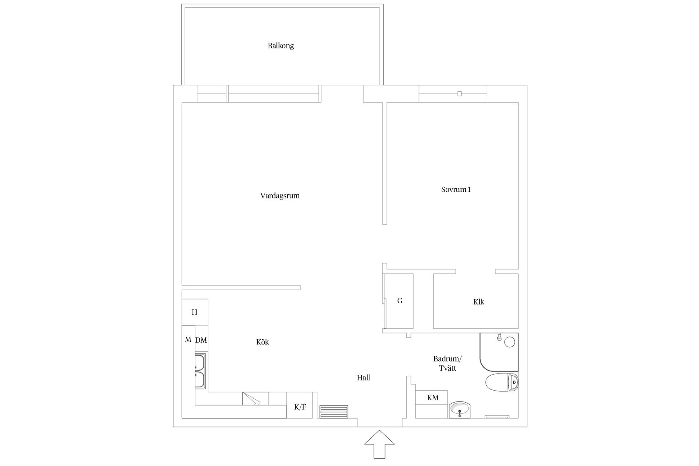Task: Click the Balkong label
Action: (281, 46)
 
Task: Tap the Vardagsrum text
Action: (280, 196)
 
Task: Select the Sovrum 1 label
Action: (456, 190)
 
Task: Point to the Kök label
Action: (262, 342)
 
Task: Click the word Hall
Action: (363, 378)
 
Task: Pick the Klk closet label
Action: (479, 302)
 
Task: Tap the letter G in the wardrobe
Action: (400, 301)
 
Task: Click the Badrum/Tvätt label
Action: (447, 363)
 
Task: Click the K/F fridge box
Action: (300, 405)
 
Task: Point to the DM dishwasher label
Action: (201, 340)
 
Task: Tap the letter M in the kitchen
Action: (188, 340)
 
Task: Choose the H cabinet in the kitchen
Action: (195, 312)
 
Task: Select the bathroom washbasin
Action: (459, 409)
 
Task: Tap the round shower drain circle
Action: (509, 342)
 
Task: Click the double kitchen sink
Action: (200, 371)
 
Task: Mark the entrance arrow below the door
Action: (379, 444)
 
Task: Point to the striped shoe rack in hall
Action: (333, 412)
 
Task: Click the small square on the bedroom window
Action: (459, 94)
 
